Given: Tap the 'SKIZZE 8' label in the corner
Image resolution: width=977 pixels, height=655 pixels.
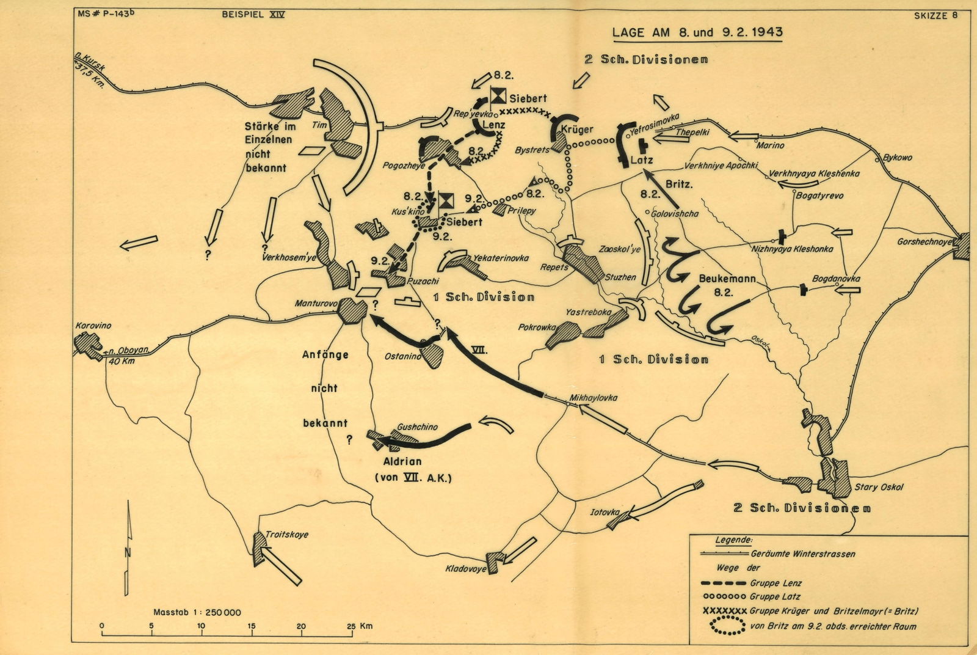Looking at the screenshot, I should pos(935,16).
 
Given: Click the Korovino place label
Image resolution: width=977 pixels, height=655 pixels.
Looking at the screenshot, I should pos(93,326).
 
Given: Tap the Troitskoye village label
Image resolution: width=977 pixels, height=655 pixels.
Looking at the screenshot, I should pos(287,535).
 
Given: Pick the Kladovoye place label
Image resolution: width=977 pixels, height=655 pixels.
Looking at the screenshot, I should pos(466,569).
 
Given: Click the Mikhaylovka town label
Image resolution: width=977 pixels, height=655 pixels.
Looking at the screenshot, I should pos(593,398).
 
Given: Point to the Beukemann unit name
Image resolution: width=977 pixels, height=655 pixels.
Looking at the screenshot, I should pos(727,279).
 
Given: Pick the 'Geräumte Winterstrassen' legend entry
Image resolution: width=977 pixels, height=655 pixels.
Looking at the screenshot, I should pos(802,554).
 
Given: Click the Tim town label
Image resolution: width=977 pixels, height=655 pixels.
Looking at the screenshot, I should pos(316,125).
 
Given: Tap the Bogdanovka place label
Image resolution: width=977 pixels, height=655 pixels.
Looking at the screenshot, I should pos(836,279).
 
